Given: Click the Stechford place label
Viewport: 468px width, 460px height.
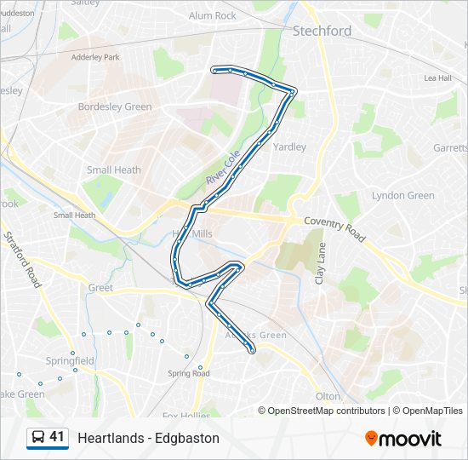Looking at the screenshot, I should click(322, 31).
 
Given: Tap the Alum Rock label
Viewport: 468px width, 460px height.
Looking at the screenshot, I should click(213, 15).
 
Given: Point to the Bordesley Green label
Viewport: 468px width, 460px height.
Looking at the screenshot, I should click(115, 107).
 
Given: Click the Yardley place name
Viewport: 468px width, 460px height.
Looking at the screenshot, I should click(289, 147).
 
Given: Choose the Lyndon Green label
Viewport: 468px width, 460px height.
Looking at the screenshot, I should click(402, 196).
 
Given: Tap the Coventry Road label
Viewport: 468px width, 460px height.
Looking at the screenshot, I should click(333, 227).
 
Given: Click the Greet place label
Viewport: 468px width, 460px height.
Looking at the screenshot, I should click(100, 288).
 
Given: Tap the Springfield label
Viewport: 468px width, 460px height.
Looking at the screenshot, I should click(71, 361).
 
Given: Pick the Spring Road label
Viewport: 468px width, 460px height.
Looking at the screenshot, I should click(188, 373).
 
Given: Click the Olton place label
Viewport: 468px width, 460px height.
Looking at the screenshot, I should click(328, 396).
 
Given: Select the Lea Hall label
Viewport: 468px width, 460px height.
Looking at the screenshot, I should click(437, 78).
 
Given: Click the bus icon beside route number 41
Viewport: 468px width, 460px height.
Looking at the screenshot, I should click(37, 438).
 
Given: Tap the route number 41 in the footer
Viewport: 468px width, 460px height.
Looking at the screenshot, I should click(57, 437).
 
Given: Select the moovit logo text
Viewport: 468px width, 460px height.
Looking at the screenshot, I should click(410, 439).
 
